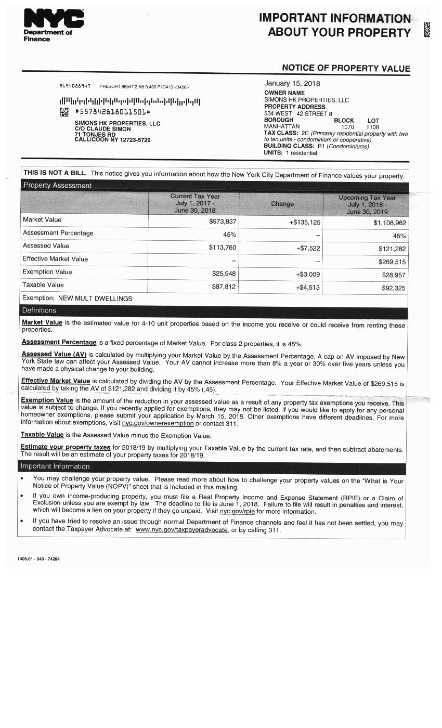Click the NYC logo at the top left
[x=54, y=20]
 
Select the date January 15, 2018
[x=292, y=83]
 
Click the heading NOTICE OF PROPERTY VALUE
[x=346, y=68]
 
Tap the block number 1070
[x=347, y=127]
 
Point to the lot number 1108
[x=372, y=127]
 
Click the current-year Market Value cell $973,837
[x=222, y=222]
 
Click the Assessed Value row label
[x=46, y=246]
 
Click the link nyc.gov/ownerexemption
[x=158, y=423]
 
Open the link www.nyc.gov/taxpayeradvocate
[x=181, y=530]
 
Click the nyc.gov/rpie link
[x=237, y=512]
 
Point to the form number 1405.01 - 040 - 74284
[x=38, y=559]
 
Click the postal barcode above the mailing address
[x=129, y=101]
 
